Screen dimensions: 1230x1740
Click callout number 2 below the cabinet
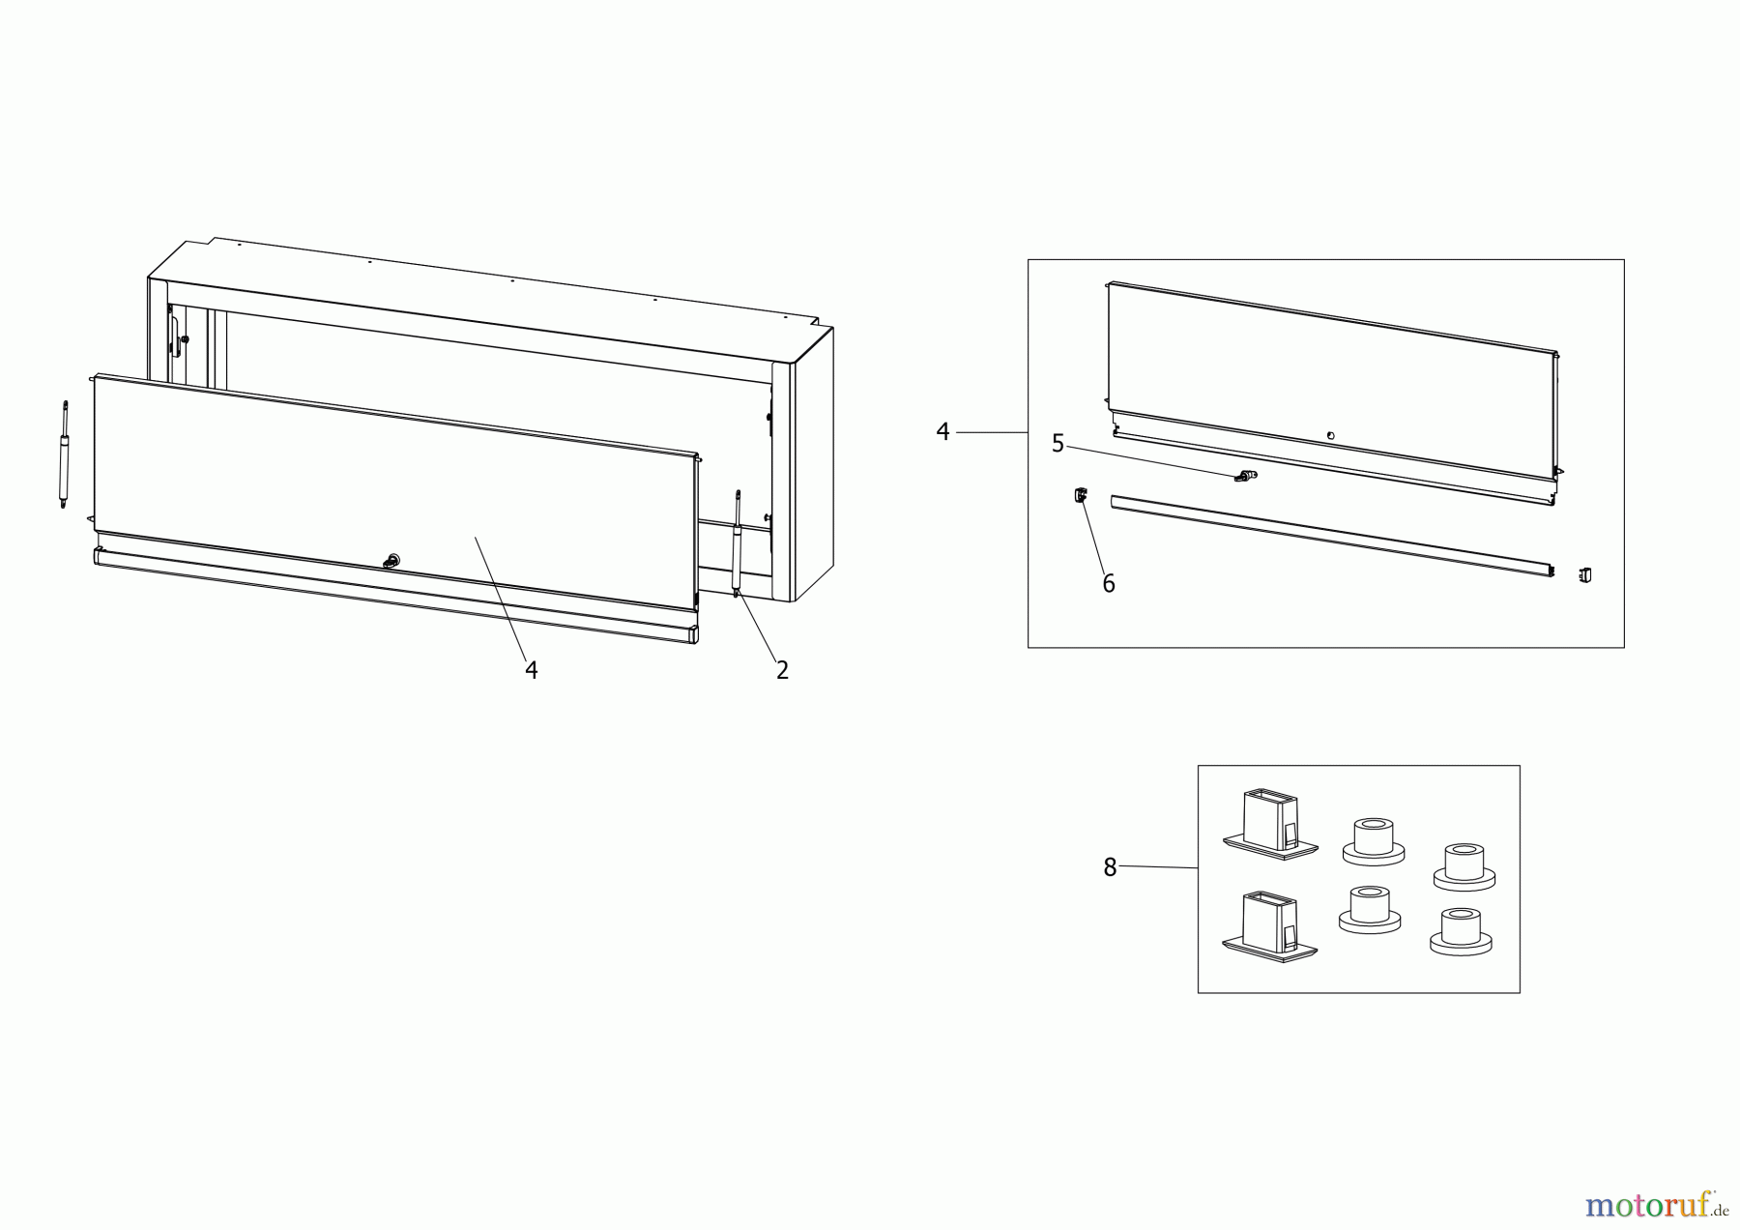782,670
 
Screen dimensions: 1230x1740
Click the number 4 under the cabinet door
531,670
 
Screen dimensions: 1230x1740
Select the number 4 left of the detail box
943,432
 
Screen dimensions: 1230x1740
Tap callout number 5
1058,444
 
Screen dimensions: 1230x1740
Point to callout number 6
1109,584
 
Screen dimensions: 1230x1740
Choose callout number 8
1110,868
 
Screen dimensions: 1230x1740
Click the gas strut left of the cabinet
65,454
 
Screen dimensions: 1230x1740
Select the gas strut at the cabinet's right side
737,544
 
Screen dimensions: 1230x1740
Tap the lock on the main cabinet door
392,560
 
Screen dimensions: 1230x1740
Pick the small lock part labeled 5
1244,476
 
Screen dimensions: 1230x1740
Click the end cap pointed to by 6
1078,496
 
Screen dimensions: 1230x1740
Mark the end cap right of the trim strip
1584,575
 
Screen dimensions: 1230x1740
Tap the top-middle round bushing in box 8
1373,840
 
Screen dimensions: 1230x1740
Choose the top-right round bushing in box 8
1464,864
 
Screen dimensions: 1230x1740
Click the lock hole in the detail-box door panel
1331,436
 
